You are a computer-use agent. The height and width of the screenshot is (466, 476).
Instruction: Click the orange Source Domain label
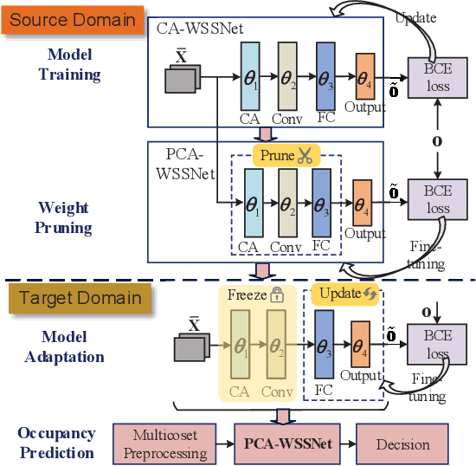[x=74, y=19]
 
